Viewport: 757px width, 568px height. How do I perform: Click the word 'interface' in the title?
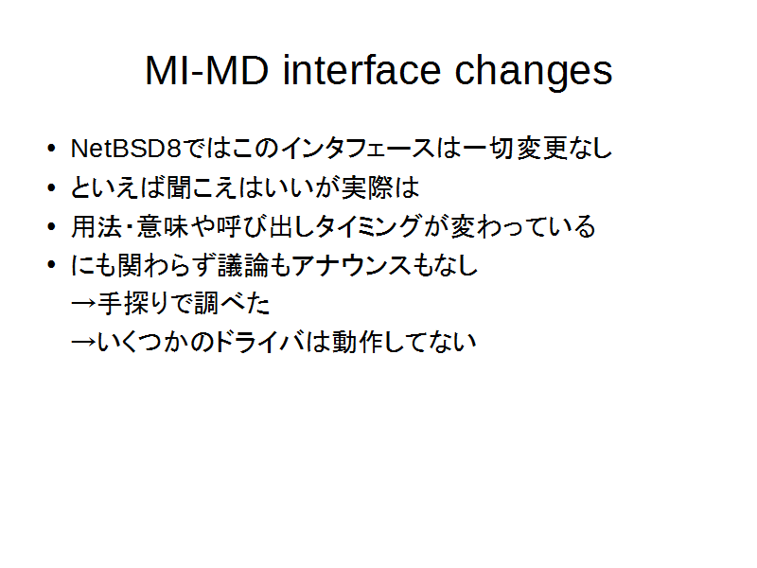click(x=361, y=70)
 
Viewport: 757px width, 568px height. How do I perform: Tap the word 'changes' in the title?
click(x=534, y=72)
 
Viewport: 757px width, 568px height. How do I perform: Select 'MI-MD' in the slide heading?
click(x=206, y=70)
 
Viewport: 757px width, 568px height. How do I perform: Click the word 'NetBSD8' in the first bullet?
click(x=126, y=149)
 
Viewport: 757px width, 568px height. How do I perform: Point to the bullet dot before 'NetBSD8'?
click(x=52, y=149)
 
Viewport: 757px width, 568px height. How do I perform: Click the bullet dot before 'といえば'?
click(x=52, y=187)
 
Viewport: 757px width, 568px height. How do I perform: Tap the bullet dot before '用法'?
click(x=52, y=226)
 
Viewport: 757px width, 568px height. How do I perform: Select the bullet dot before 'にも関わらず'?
click(x=52, y=265)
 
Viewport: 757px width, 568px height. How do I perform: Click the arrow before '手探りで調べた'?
click(x=83, y=304)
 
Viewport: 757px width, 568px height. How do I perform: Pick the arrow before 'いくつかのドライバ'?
click(x=83, y=343)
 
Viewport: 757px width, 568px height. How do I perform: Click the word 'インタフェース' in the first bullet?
click(x=358, y=149)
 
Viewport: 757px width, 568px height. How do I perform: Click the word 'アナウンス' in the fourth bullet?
click(x=351, y=265)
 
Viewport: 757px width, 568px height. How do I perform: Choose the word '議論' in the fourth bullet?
click(x=243, y=265)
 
